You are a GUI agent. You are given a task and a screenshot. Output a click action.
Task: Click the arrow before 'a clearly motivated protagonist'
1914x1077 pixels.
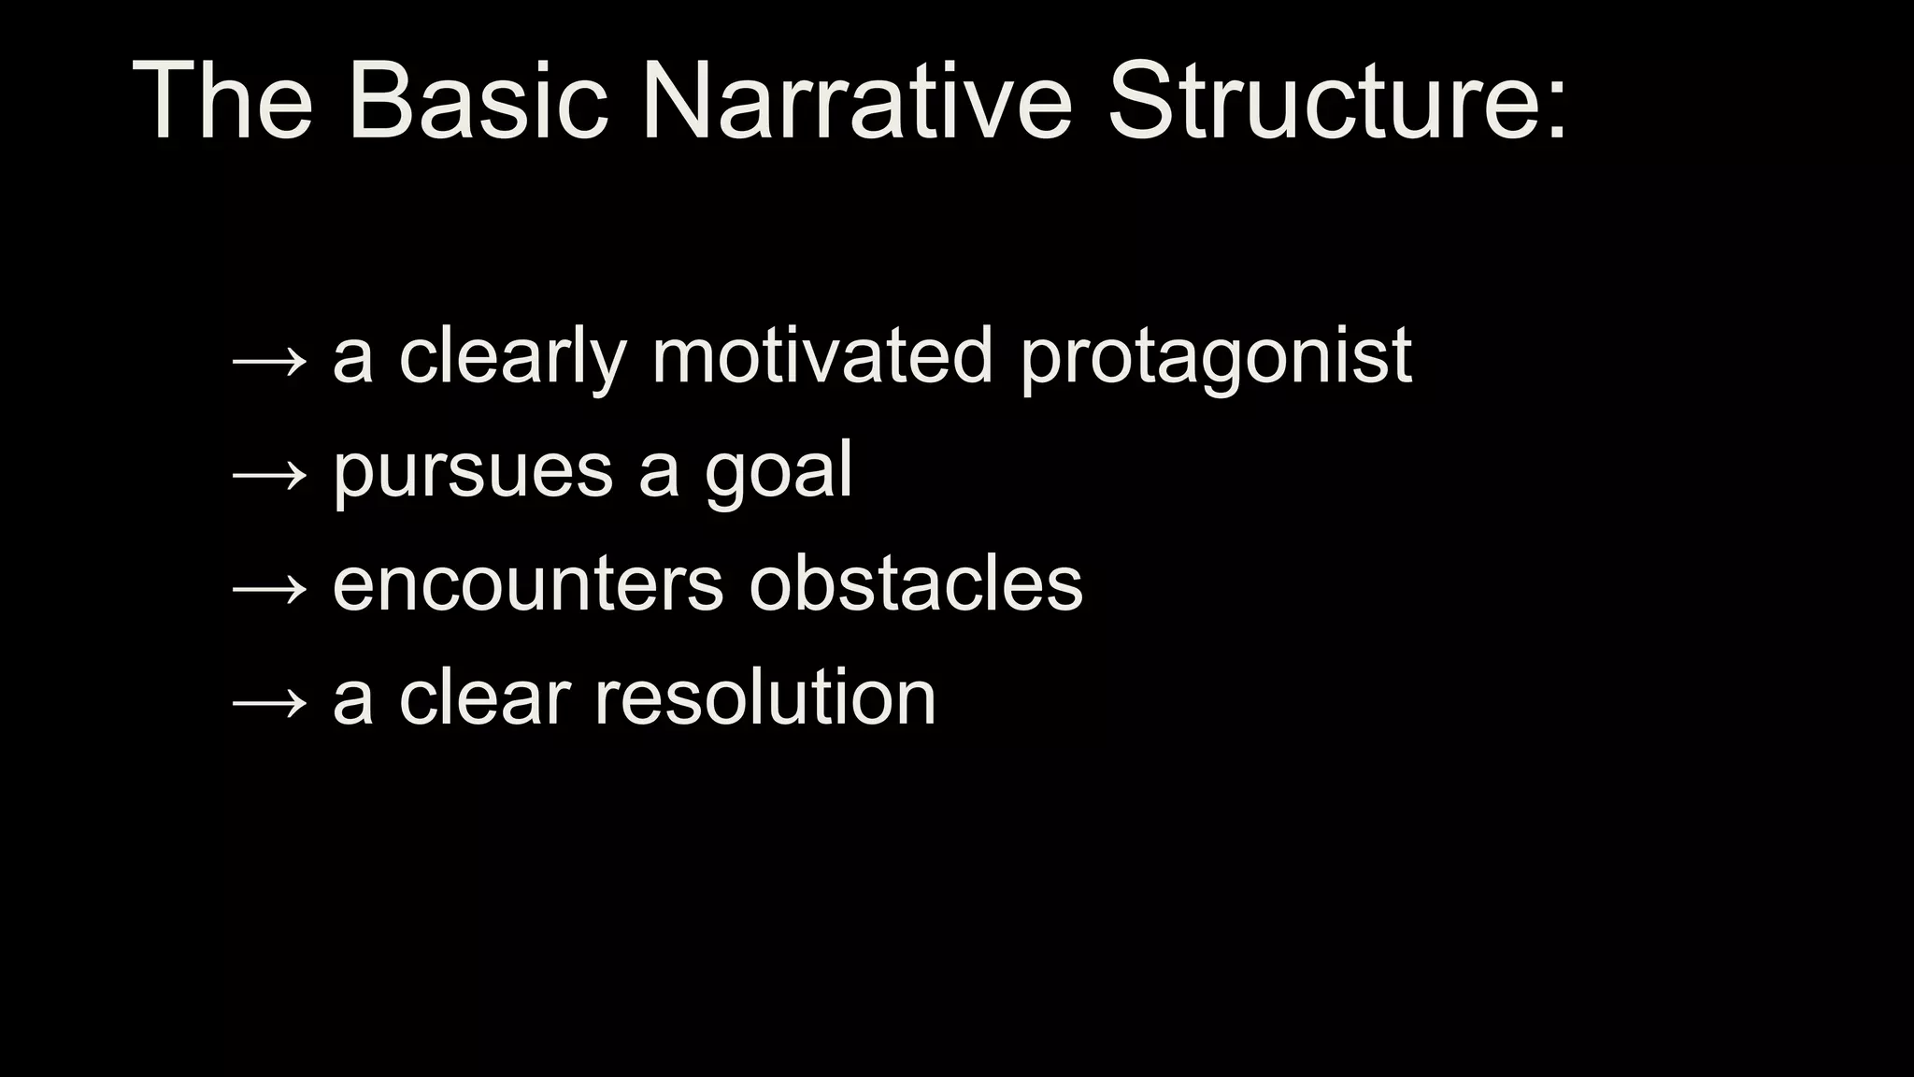coord(269,361)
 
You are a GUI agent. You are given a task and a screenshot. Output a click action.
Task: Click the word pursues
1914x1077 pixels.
coord(473,473)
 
